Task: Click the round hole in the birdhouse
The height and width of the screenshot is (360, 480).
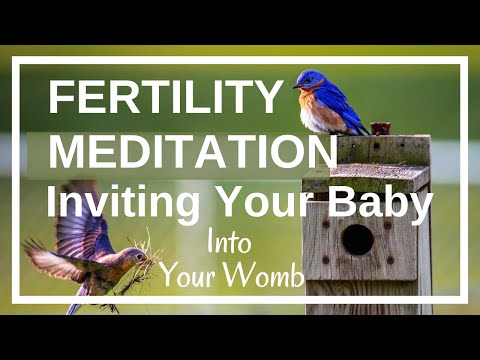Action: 357,239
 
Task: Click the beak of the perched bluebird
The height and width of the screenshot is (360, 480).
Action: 296,86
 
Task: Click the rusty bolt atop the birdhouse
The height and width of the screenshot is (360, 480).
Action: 379,128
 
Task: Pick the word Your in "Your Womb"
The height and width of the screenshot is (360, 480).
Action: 189,275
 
